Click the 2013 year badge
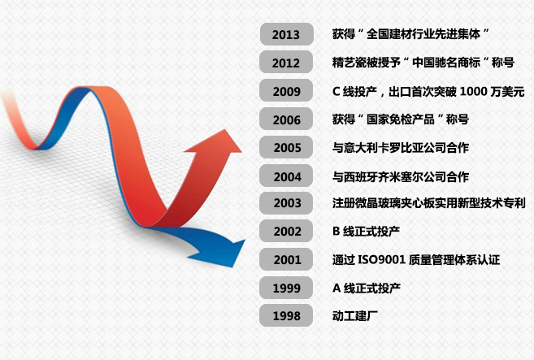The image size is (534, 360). pos(286,34)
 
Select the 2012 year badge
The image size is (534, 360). pos(286,62)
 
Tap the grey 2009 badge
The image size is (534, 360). pos(286,90)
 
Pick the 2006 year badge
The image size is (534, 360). pos(286,119)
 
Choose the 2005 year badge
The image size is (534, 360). pos(286,147)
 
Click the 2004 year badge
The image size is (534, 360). pos(286,176)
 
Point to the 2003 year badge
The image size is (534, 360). pos(286,203)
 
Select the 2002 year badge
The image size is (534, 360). pos(286,231)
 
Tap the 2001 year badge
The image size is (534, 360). pos(286,259)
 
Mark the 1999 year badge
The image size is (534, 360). pos(286,288)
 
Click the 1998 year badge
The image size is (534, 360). pos(286,316)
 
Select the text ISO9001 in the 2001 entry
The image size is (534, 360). pos(381,260)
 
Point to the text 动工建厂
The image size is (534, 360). pos(355,316)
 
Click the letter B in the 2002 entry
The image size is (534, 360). pos(336,232)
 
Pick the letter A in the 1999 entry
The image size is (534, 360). pos(336,288)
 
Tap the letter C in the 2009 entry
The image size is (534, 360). pos(336,91)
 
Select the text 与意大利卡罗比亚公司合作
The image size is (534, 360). pos(401,147)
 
